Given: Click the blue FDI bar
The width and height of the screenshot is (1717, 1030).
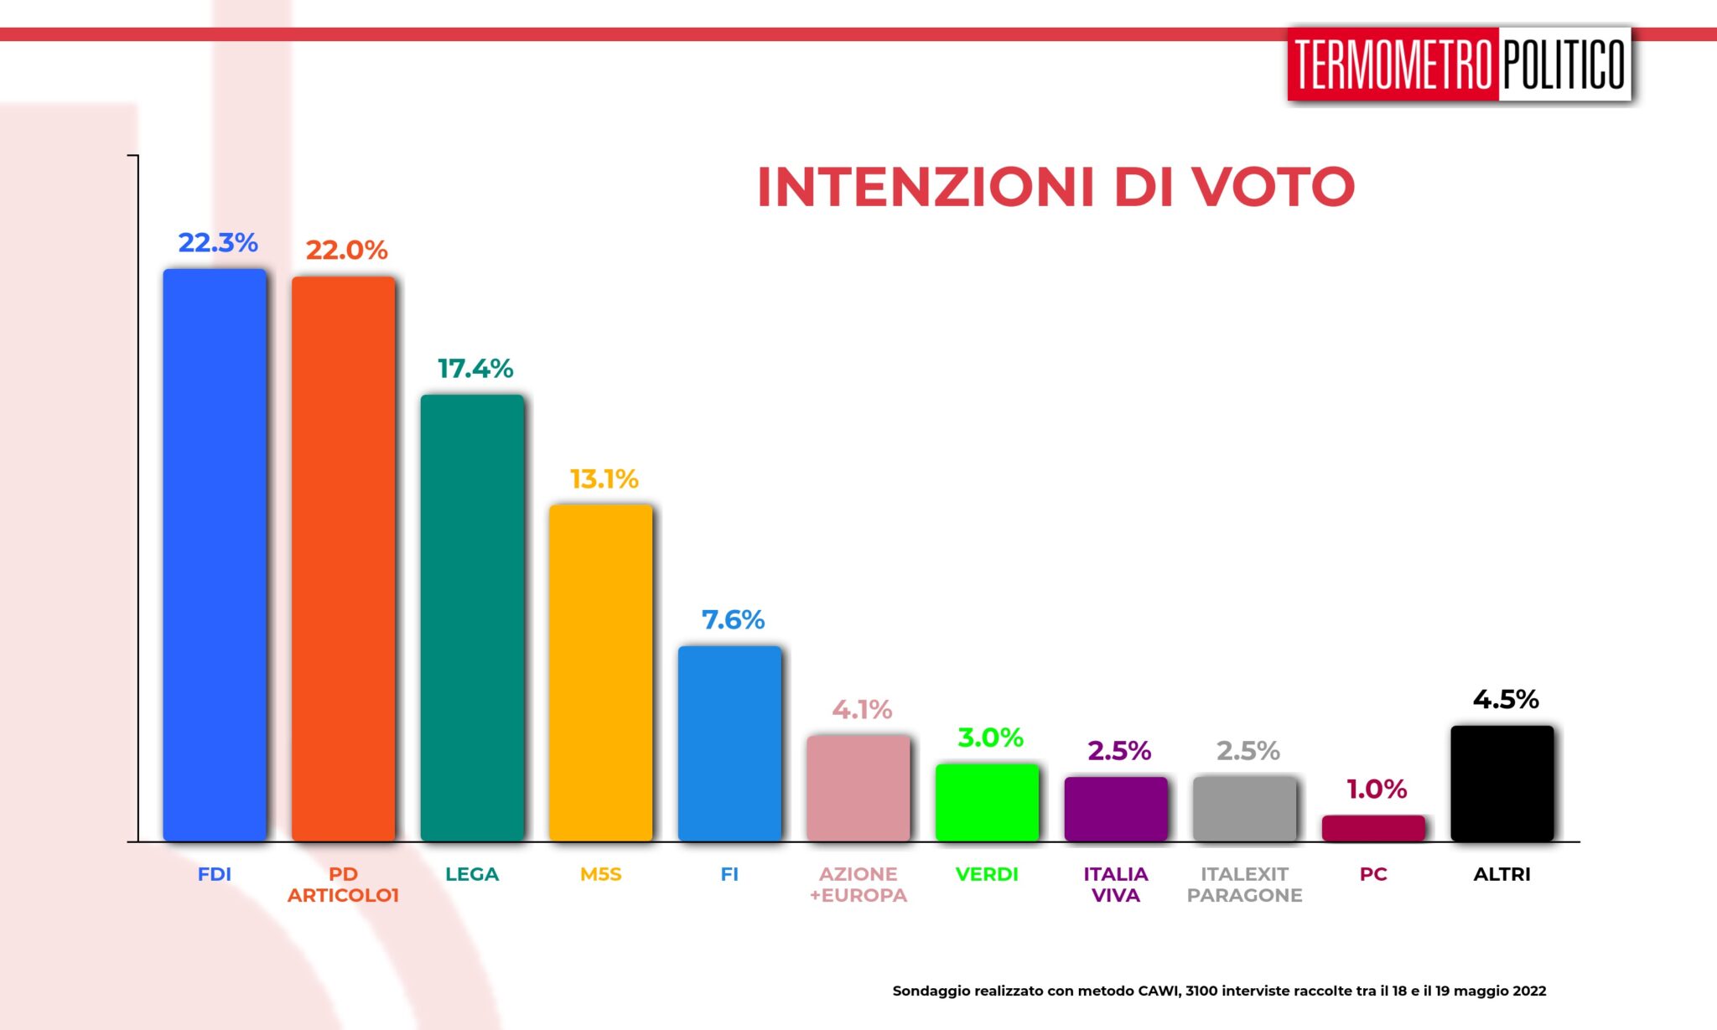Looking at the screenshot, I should pyautogui.click(x=215, y=555).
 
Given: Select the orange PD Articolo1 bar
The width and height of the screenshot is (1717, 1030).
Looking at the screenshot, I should pyautogui.click(x=343, y=558).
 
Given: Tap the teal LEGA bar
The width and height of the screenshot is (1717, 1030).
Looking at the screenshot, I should pyautogui.click(x=472, y=618).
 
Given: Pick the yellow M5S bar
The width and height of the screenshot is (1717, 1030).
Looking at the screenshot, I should pyautogui.click(x=600, y=672).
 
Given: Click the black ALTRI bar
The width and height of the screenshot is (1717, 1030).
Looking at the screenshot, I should pyautogui.click(x=1502, y=783).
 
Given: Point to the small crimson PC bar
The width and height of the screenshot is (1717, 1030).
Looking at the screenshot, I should pyautogui.click(x=1373, y=828).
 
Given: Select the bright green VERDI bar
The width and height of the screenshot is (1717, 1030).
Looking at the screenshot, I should pyautogui.click(x=987, y=802).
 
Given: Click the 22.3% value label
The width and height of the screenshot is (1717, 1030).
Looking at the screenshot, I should pyautogui.click(x=218, y=243).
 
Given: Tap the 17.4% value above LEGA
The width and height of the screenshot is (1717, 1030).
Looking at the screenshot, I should pyautogui.click(x=475, y=369).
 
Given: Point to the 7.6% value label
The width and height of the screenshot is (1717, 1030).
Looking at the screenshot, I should pyautogui.click(x=733, y=620).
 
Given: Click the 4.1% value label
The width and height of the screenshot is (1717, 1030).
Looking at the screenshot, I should pyautogui.click(x=862, y=710).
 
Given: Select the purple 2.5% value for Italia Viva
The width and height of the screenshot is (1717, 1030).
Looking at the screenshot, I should pyautogui.click(x=1119, y=751).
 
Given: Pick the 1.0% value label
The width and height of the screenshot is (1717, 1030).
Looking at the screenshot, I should pyautogui.click(x=1377, y=789).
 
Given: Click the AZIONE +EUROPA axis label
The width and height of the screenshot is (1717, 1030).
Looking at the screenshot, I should pyautogui.click(x=858, y=884).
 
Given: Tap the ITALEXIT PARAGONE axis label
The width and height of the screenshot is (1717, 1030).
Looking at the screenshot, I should pyautogui.click(x=1244, y=884).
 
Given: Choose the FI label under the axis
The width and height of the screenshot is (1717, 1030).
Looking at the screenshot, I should pyautogui.click(x=729, y=874).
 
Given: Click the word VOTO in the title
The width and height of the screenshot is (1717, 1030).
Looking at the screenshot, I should pyautogui.click(x=1274, y=187).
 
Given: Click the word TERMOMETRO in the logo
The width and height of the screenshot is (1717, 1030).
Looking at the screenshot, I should pyautogui.click(x=1393, y=65).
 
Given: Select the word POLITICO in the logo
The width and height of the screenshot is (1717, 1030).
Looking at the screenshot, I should pyautogui.click(x=1564, y=65).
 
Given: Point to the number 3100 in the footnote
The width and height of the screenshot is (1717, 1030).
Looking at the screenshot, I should pyautogui.click(x=1201, y=991).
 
